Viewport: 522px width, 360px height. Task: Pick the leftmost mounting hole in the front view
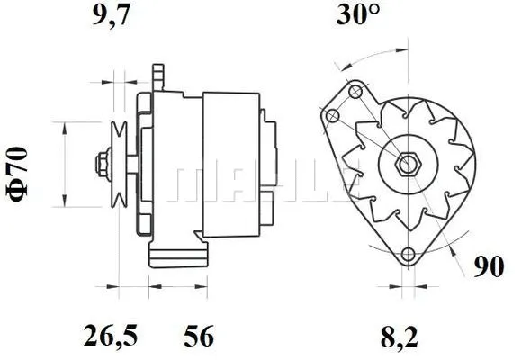pos(334,115)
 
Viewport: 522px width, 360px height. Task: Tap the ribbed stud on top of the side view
pos(158,76)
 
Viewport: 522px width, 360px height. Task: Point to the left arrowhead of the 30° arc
pos(337,66)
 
